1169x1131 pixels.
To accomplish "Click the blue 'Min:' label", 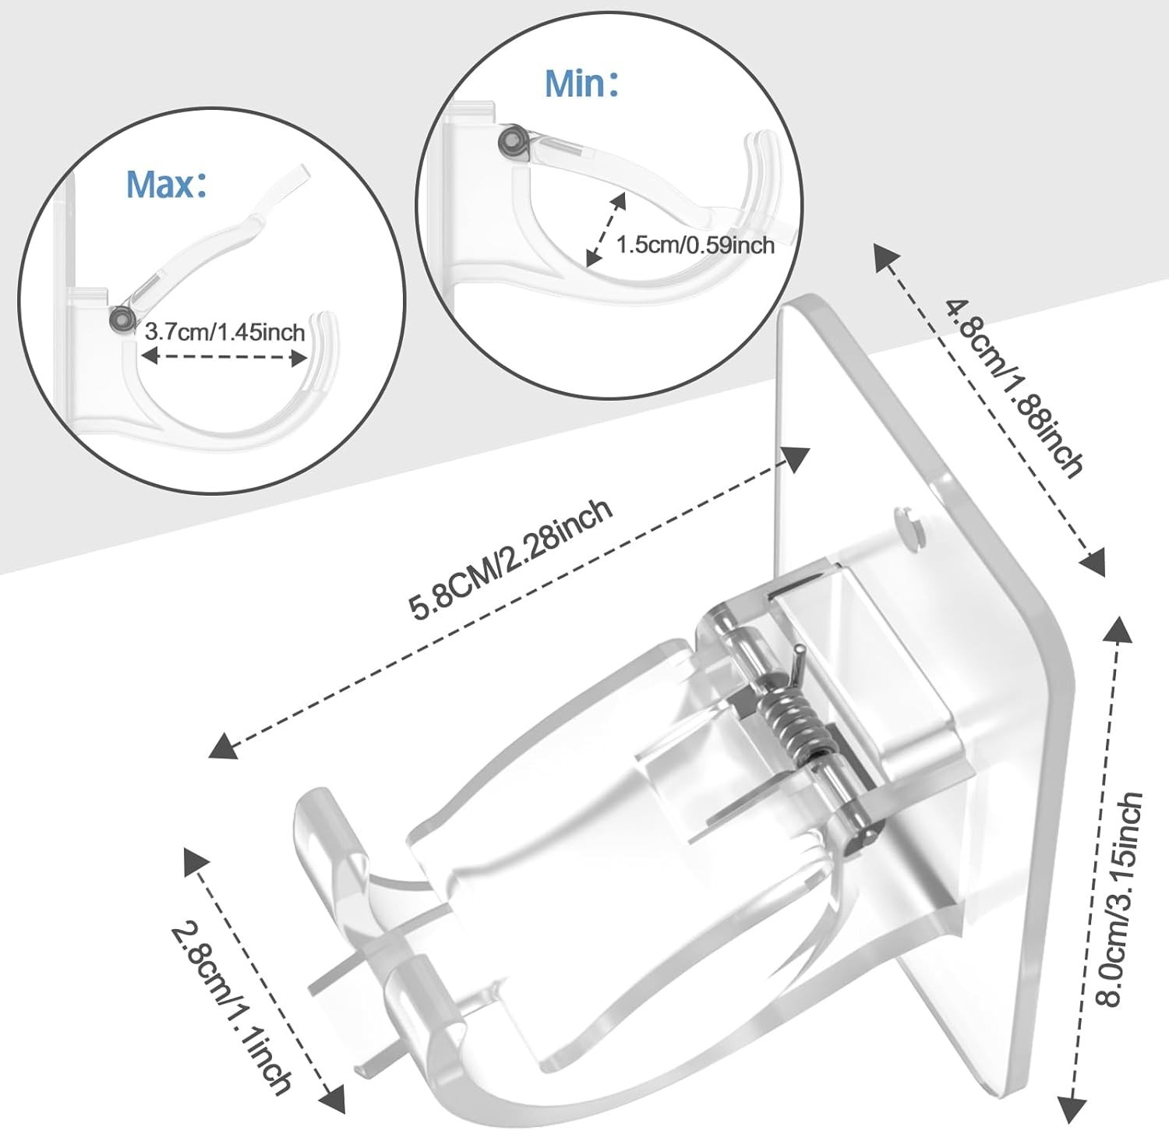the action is coord(581,83).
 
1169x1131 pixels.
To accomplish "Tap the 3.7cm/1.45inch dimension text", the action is coord(224,333).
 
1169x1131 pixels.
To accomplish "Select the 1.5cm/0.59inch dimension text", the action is coord(695,246).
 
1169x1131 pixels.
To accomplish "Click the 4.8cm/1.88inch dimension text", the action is coord(1014,387).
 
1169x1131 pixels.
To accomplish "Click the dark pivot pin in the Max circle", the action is coord(121,318).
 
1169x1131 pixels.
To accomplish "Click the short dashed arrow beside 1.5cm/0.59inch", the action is coord(606,227).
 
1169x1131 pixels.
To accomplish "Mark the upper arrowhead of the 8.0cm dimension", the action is coord(1119,627).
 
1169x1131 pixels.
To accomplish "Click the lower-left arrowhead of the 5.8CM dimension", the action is coord(223,746).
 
